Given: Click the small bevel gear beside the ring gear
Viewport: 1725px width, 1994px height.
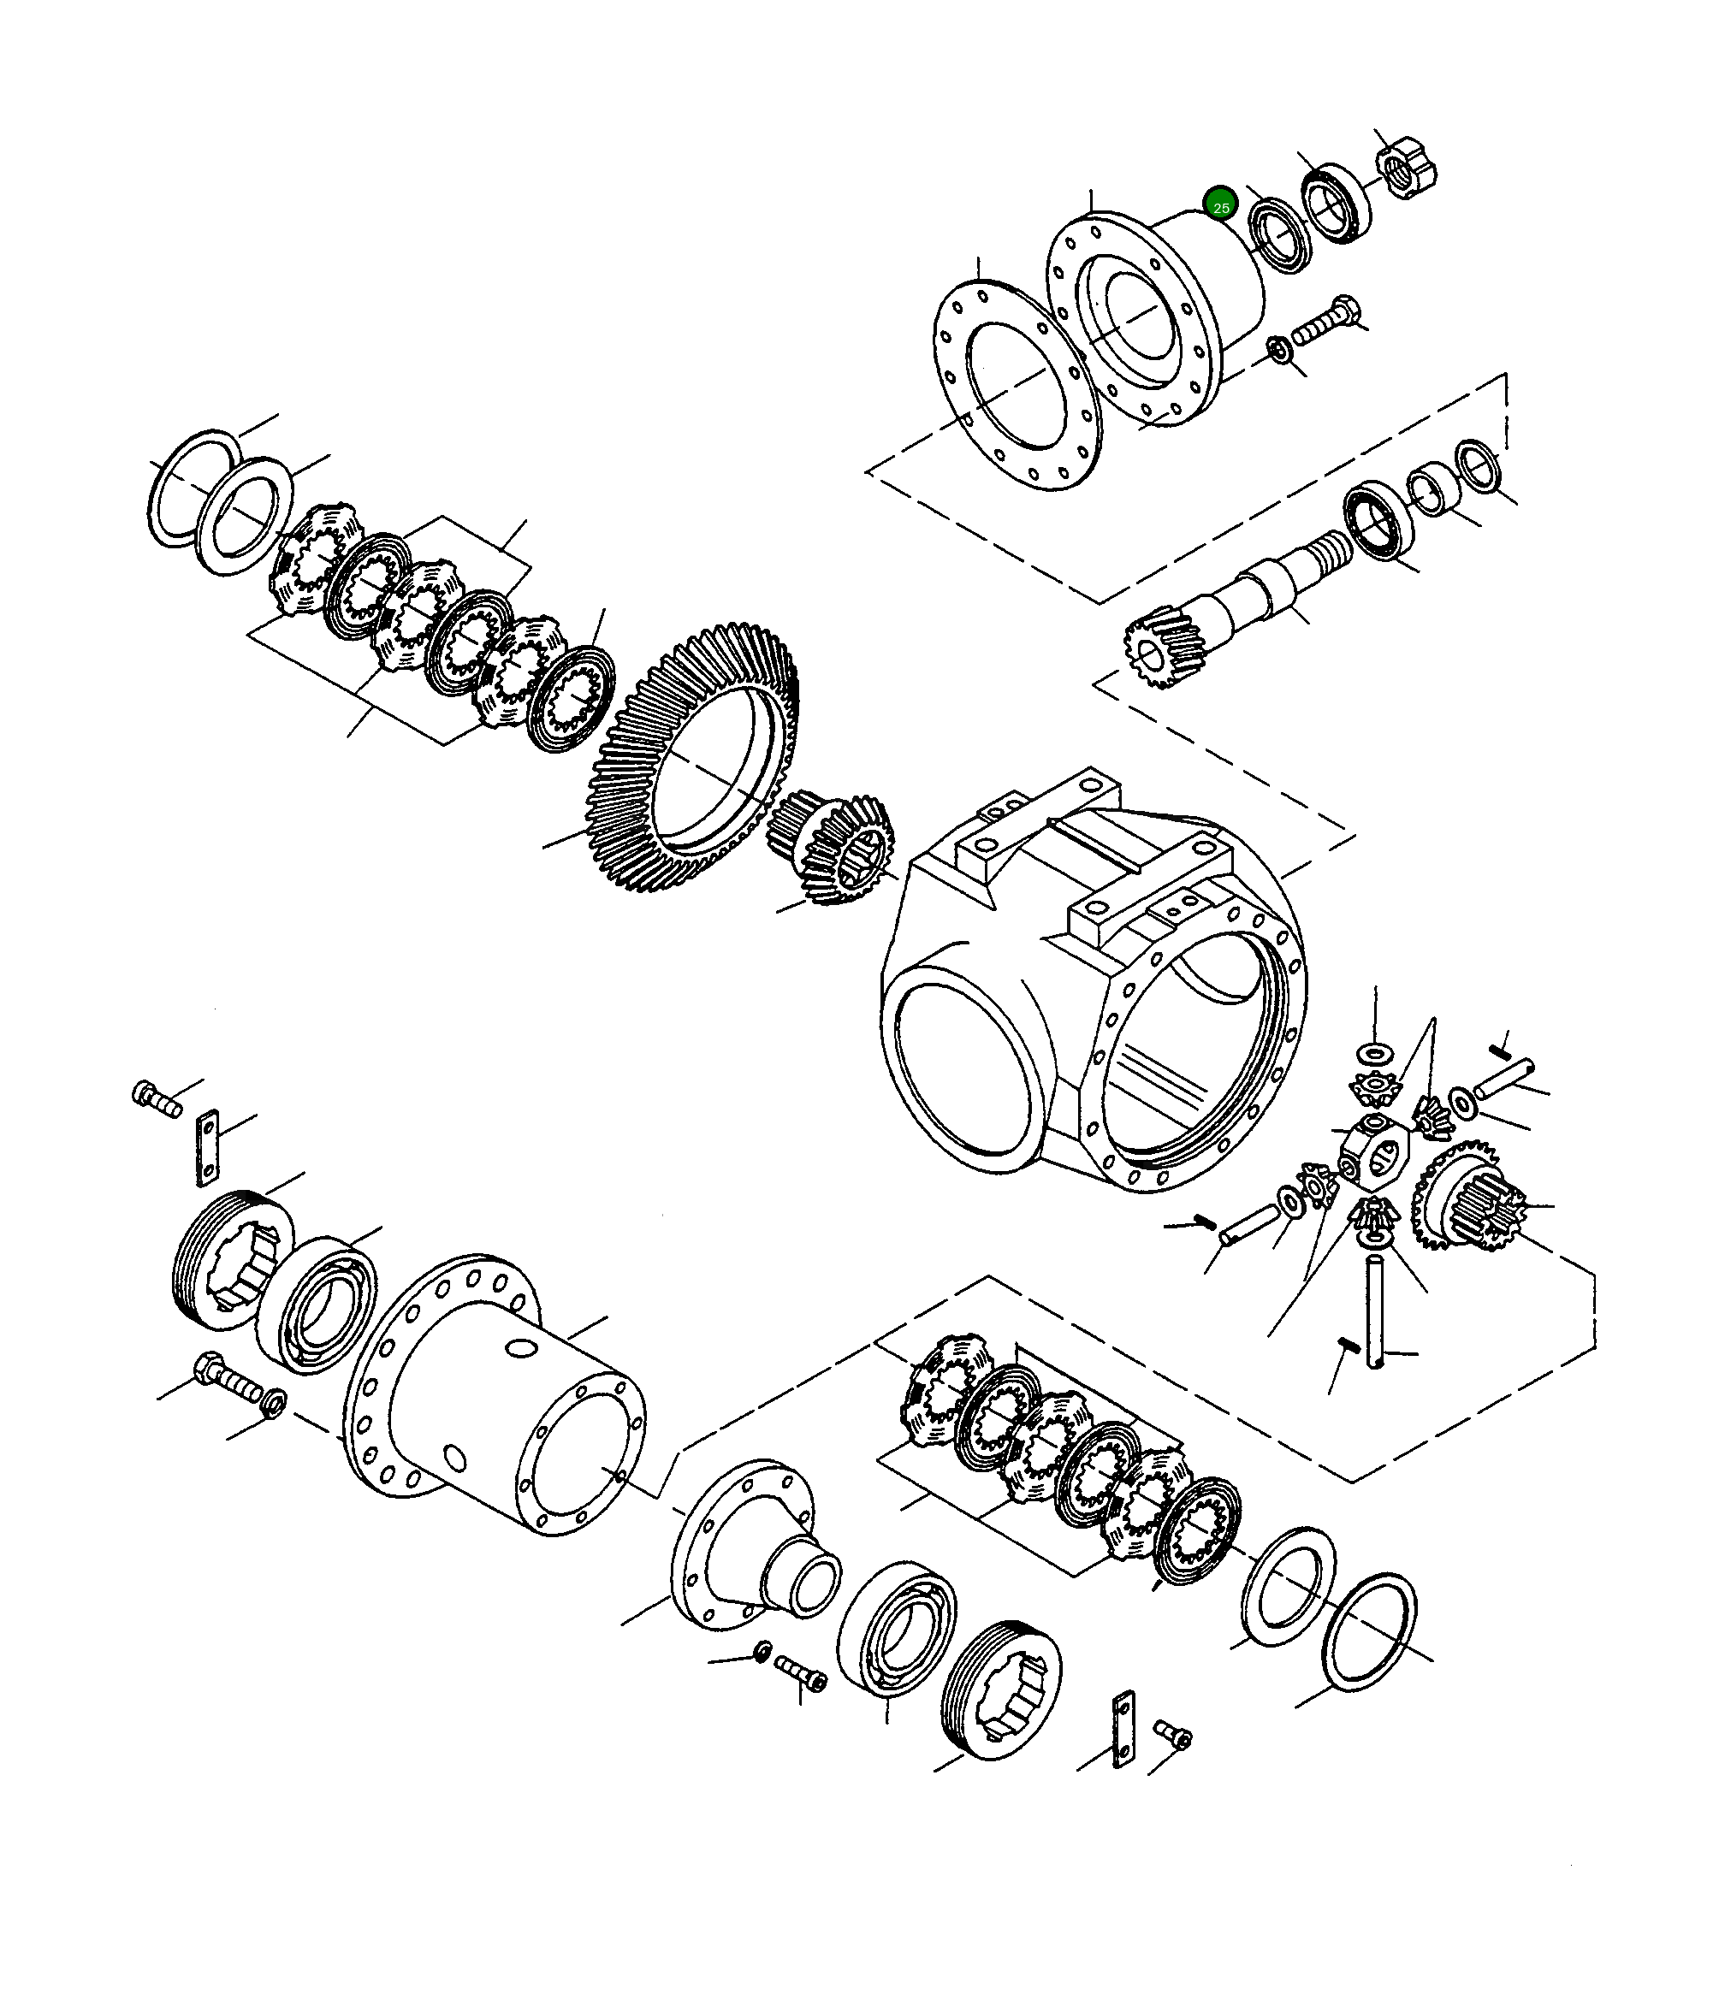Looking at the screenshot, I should click(x=832, y=847).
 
